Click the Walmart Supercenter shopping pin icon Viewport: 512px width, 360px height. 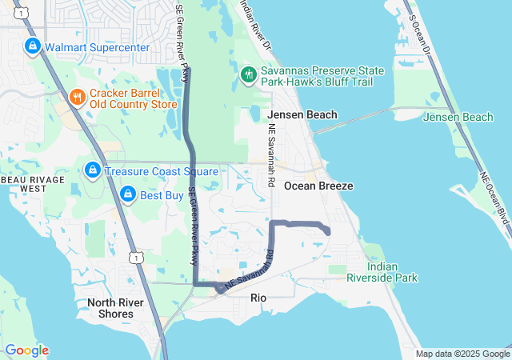click(x=33, y=47)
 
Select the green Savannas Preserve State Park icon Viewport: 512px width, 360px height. click(x=249, y=75)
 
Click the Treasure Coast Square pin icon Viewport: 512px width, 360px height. click(x=93, y=170)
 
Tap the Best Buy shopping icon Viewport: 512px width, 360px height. click(x=127, y=194)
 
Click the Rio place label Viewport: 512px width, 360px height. click(x=258, y=298)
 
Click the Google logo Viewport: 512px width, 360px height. click(x=26, y=350)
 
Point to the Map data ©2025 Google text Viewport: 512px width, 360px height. click(x=462, y=354)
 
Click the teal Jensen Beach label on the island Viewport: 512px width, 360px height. click(x=458, y=118)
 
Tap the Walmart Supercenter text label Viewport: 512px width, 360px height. click(x=97, y=47)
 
